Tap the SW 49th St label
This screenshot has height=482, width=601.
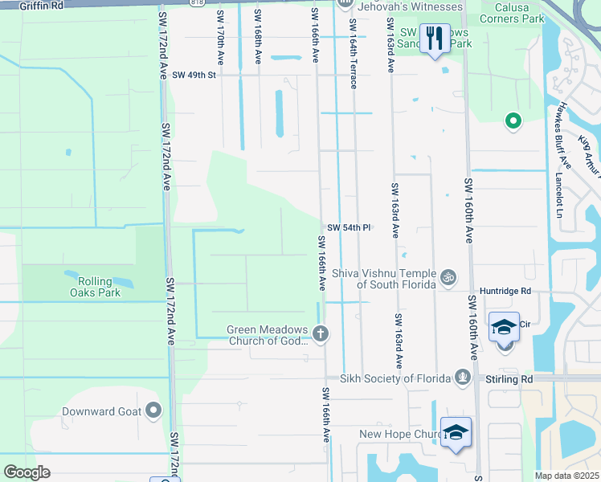point(194,75)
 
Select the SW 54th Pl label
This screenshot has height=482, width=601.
point(348,227)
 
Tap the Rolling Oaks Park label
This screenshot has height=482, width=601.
point(100,287)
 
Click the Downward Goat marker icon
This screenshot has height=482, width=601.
point(153,411)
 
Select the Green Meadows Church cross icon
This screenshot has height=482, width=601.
point(321,333)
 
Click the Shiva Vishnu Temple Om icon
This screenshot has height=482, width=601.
point(448,277)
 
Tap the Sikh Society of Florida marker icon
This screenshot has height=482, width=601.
point(462,377)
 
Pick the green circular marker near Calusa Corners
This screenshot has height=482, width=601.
point(512,121)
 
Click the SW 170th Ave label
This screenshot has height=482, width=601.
point(221,36)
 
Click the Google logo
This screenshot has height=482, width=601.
point(27,472)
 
